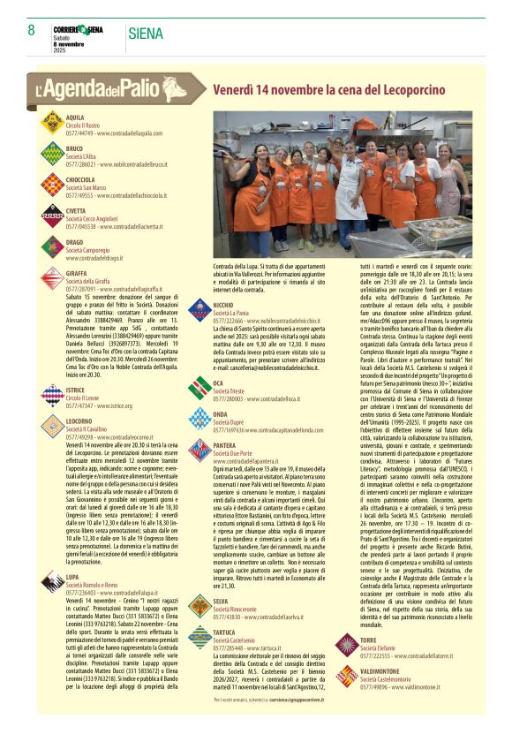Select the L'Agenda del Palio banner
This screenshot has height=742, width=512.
[111, 88]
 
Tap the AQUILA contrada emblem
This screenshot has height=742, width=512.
[52, 124]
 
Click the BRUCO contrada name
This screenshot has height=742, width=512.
[74, 148]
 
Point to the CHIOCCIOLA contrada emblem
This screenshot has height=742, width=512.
[52, 185]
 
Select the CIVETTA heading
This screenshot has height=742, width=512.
[76, 211]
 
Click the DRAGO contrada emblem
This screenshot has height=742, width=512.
[52, 247]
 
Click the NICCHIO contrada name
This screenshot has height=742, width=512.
[223, 305]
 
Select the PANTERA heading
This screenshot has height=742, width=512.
[225, 446]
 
